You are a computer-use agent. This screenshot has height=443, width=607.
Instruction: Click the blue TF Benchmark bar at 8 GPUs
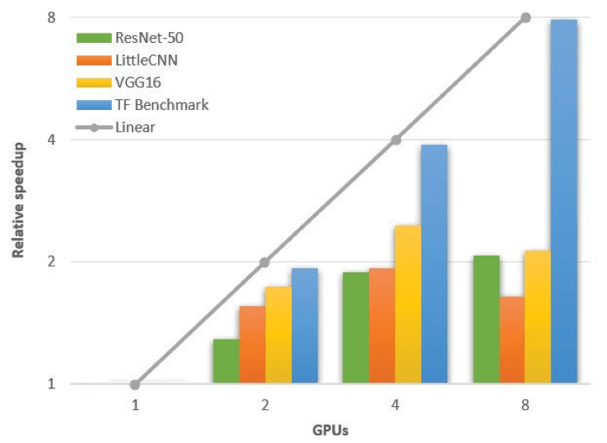pos(565,202)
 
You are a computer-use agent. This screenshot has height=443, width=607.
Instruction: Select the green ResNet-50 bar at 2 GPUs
pos(226,361)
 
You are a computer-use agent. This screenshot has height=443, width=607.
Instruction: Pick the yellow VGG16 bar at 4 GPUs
pos(409,304)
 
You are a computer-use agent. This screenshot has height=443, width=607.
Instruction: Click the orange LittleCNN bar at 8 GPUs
pos(513,340)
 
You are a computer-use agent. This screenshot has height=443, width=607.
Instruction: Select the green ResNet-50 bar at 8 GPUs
pos(487,319)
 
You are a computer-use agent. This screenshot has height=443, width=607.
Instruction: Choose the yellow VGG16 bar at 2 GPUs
pos(279,335)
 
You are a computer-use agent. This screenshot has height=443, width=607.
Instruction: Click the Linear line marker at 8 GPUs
pos(526,18)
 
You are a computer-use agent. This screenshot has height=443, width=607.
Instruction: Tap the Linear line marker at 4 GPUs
pos(396,140)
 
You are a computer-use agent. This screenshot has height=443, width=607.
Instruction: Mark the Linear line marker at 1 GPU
pos(135,385)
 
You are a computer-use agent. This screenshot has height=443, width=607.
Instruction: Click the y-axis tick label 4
pos(50,140)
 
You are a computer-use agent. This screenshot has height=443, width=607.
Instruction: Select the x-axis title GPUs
pos(330,430)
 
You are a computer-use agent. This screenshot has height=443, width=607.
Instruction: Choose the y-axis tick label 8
pos(50,18)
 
